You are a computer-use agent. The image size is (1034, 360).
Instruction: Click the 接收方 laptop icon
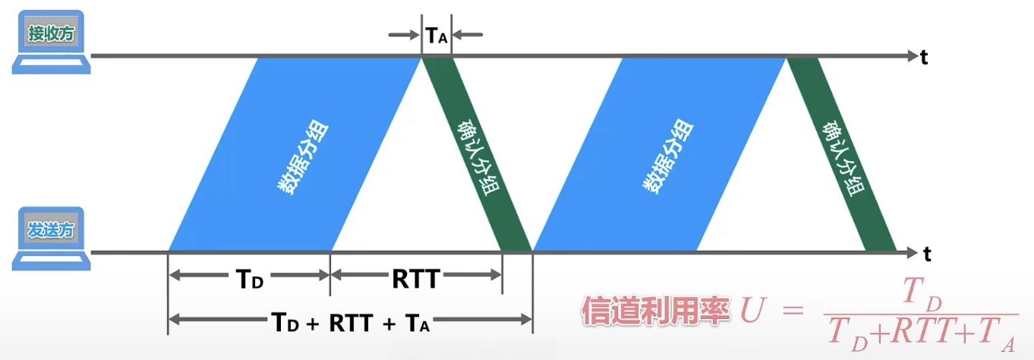[51, 42]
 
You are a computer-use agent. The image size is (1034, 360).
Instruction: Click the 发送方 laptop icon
[51, 238]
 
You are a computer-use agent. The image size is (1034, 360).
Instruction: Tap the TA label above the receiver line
[437, 36]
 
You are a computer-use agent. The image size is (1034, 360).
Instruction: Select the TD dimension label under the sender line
[249, 279]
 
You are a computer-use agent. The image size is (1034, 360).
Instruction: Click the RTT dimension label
[416, 279]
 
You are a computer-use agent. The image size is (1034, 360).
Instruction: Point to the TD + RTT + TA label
[350, 322]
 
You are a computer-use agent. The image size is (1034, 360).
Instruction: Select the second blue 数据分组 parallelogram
[659, 154]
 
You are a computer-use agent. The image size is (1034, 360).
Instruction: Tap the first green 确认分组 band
[477, 154]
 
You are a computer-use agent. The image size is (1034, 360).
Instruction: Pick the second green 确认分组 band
[841, 154]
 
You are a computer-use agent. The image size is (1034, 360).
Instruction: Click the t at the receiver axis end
[924, 58]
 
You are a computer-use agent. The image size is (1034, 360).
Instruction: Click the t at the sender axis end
[927, 254]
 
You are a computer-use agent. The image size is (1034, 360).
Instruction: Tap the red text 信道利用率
[655, 311]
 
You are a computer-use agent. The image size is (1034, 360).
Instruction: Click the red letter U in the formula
[754, 309]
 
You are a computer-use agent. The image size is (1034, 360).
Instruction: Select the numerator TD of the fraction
[922, 293]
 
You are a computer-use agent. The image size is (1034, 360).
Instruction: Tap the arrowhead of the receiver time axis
[913, 56]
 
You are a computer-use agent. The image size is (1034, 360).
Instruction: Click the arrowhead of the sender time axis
[913, 252]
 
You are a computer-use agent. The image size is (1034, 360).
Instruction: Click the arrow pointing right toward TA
[404, 35]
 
